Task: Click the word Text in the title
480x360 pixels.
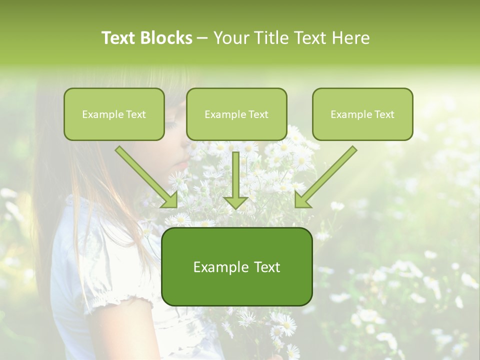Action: pos(119,38)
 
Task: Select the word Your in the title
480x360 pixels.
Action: pos(233,38)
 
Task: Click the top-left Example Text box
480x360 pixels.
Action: pos(114,114)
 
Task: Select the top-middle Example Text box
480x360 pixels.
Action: pos(236,114)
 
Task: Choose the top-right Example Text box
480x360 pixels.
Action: pos(362,114)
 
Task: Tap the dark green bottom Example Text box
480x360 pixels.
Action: pos(236,266)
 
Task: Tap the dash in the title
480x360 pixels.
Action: pos(202,38)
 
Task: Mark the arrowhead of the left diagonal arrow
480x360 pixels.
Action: pos(170,200)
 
